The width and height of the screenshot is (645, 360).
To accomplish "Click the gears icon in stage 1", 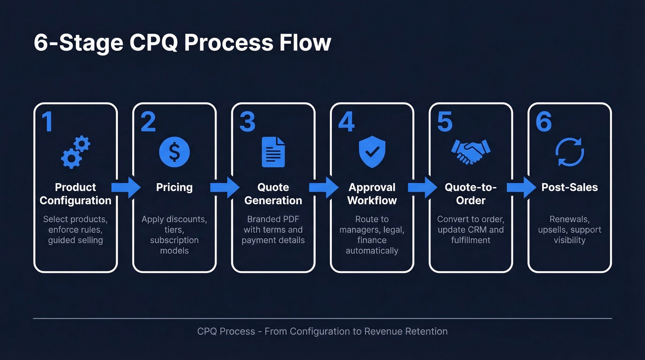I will click(x=75, y=152).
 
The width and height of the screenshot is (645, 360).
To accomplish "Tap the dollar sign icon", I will click(x=174, y=152).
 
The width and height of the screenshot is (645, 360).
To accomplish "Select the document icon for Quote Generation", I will click(x=273, y=152).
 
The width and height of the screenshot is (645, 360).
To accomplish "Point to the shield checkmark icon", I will click(x=372, y=152).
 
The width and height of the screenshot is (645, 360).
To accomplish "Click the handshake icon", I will click(x=470, y=152).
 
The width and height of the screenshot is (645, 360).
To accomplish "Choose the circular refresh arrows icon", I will click(x=569, y=152).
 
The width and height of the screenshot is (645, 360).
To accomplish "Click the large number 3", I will click(x=247, y=122).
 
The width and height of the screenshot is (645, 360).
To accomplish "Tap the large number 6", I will click(x=544, y=122).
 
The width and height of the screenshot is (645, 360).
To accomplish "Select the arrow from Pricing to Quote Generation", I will click(x=224, y=187).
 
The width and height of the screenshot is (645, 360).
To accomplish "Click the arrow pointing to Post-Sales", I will click(x=521, y=187).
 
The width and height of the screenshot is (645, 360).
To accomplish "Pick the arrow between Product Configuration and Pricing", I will click(x=126, y=187).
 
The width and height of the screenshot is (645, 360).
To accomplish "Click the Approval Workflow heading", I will click(x=372, y=194).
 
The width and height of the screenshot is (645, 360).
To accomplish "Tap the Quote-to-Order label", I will click(x=470, y=194).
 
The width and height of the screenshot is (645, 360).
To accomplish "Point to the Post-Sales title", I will click(x=569, y=187).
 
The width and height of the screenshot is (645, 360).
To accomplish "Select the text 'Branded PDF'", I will click(x=273, y=219).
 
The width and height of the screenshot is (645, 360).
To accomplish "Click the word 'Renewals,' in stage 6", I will click(x=569, y=219).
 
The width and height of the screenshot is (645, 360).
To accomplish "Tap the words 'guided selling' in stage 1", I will click(x=75, y=240).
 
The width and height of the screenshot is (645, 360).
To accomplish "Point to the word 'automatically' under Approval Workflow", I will click(x=372, y=251).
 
